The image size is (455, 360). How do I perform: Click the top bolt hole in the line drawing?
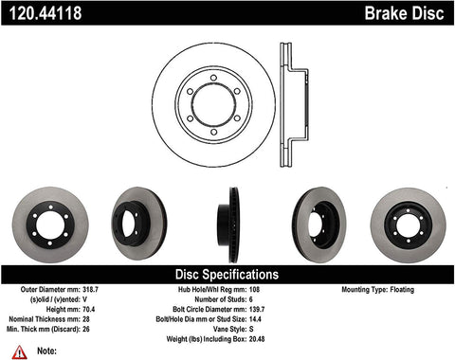213,74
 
